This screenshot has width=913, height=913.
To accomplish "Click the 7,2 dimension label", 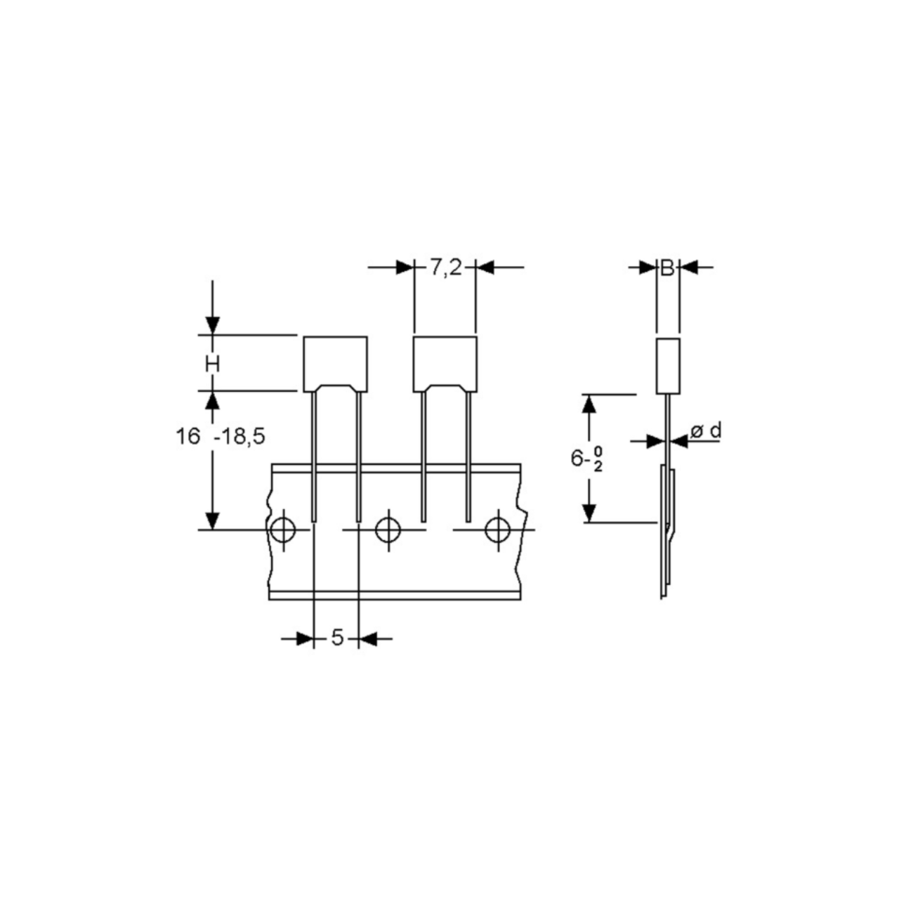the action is [x=445, y=268].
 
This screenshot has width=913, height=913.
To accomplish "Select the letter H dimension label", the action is [x=213, y=364].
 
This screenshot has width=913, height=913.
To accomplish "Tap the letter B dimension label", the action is [x=667, y=268].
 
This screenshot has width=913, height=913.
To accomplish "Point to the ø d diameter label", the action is [x=706, y=431].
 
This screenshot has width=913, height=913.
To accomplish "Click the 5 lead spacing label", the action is [x=336, y=638].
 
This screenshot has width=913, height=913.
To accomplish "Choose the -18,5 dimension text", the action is [x=239, y=436].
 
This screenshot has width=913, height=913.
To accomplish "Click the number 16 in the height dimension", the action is [x=188, y=436].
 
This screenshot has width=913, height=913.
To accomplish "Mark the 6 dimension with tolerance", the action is [x=586, y=459].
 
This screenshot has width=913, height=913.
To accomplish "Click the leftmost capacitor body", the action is [x=336, y=364].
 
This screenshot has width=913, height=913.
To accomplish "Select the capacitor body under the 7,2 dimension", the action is [x=445, y=364].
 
